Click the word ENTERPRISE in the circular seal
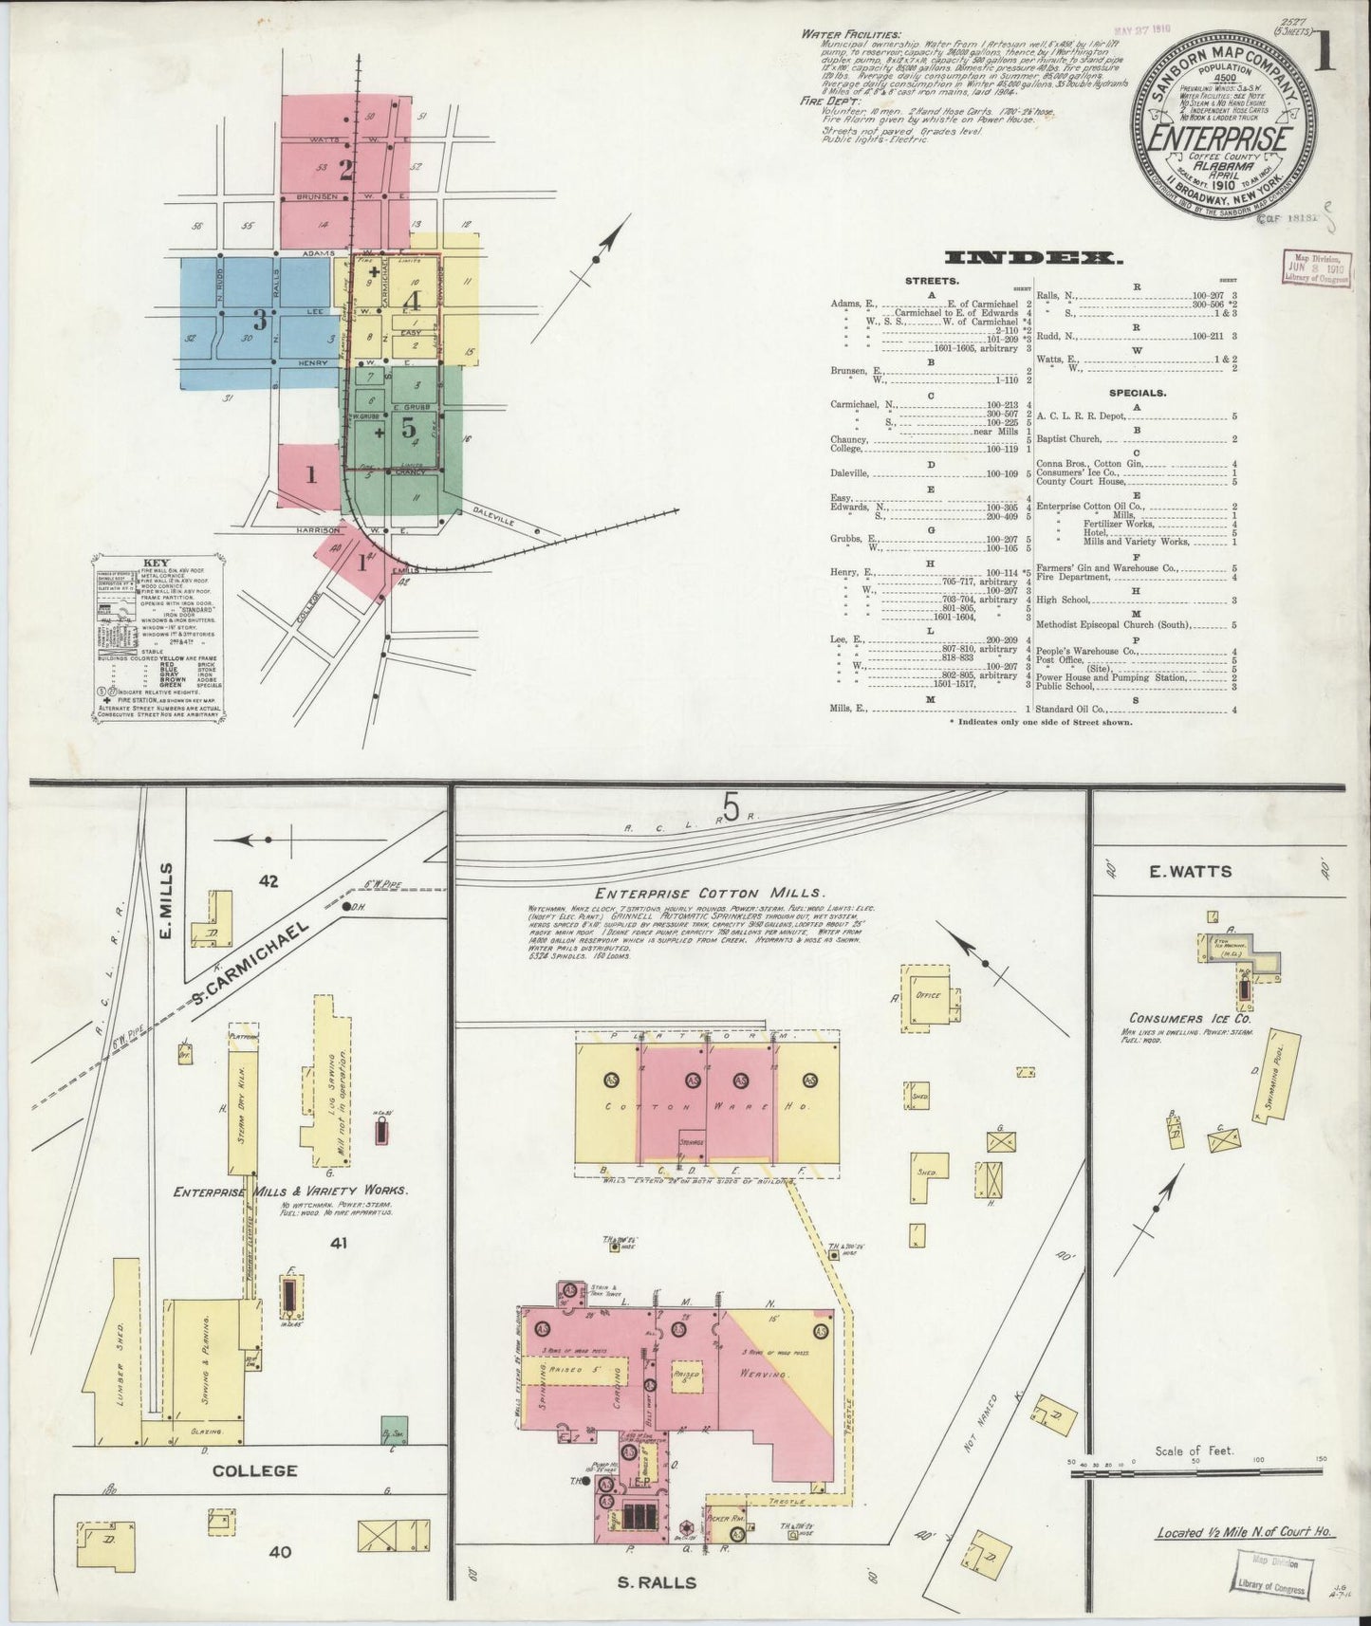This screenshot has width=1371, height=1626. click(1220, 139)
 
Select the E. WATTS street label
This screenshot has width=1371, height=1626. click(1191, 872)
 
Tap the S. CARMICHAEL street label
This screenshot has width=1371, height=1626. click(250, 964)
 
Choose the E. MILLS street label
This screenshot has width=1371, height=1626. click(167, 896)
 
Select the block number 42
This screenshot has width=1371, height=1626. click(269, 881)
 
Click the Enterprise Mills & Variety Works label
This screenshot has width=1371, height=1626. click(290, 1190)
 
